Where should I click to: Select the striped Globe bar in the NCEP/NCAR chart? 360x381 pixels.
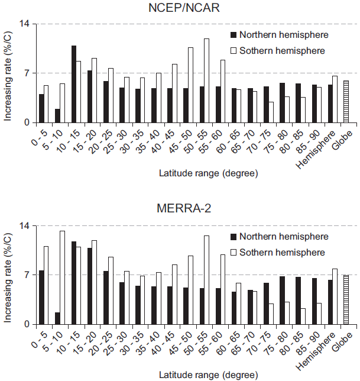tap(346, 102)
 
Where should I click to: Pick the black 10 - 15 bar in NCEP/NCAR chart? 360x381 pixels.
tap(74, 84)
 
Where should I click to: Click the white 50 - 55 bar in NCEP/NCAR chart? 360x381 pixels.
tap(206, 80)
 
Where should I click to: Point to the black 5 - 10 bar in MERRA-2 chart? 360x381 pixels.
tap(57, 318)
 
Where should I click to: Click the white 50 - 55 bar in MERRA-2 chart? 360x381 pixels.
tap(206, 280)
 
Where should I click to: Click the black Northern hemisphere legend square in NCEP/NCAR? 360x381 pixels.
tap(233, 35)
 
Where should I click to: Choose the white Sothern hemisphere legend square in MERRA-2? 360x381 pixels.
tap(233, 253)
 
